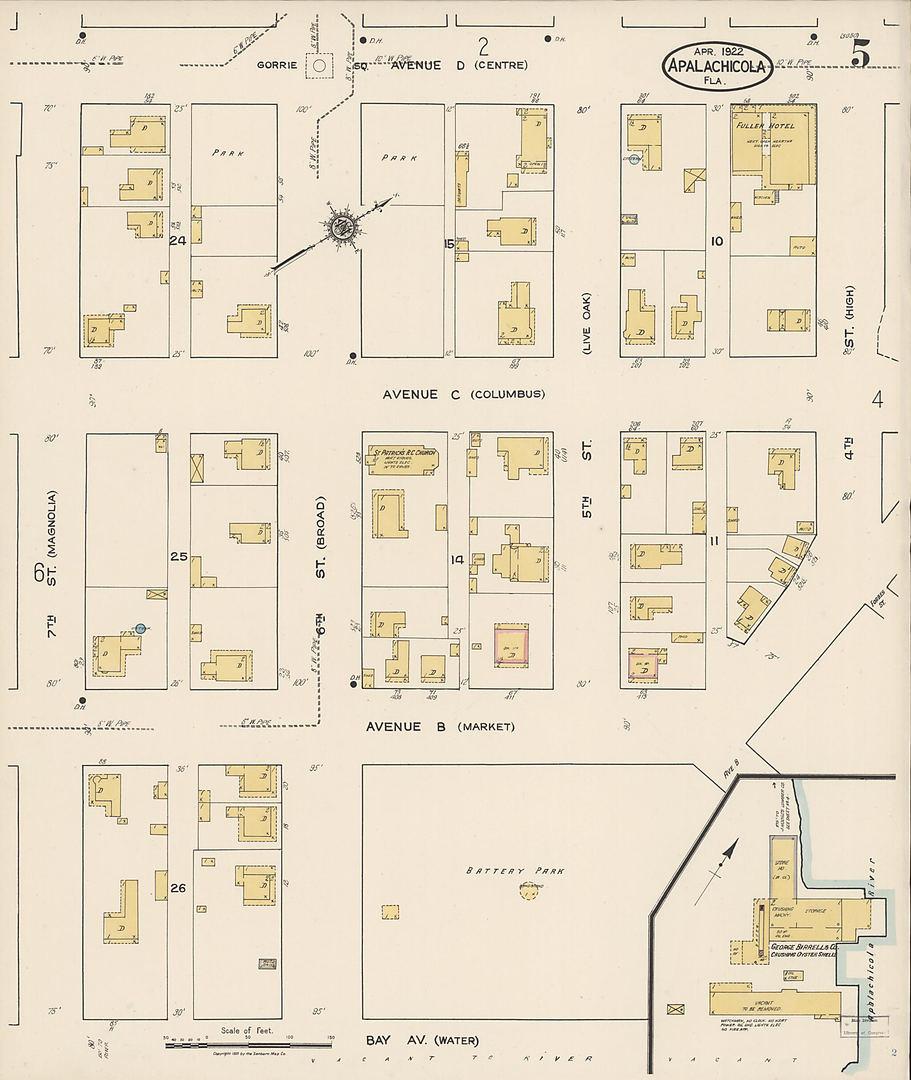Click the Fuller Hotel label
pos(766,126)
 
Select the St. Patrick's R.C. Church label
pos(402,453)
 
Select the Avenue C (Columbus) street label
pos(463,394)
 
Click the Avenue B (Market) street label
pos(440,727)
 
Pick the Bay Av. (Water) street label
pos(422,1040)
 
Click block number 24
pos(177,241)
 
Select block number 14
pos(457,559)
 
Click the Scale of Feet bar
pos(248,1045)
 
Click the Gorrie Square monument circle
pos(319,65)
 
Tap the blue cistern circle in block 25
pos(140,628)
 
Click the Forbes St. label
pos(876,598)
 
